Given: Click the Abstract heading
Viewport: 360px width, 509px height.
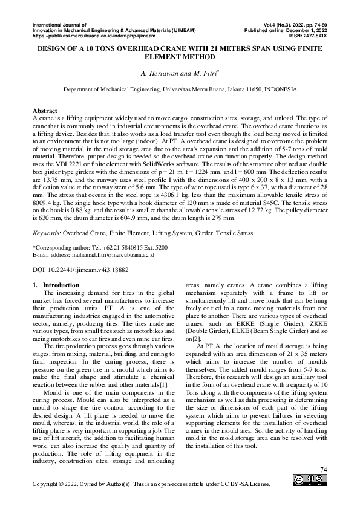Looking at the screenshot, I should [x=45, y=111].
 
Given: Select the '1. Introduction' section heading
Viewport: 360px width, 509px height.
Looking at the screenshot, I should [x=55, y=285].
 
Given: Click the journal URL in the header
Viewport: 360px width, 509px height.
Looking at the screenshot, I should [x=93, y=36].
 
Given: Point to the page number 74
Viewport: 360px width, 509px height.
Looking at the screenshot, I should [x=323, y=470].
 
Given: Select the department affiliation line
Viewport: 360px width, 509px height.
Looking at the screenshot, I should [x=180, y=89].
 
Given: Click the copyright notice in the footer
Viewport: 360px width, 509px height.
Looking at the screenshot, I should [x=151, y=484].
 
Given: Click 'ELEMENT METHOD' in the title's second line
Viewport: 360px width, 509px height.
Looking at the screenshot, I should [x=180, y=57].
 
